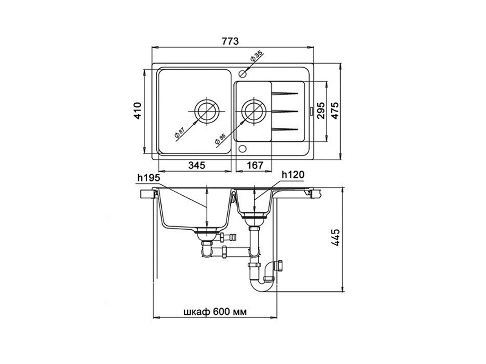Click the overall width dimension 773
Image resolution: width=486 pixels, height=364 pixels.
230,41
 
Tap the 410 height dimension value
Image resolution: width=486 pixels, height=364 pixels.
137,111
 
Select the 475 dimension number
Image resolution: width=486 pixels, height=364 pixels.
335,110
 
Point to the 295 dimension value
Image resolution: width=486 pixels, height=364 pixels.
321,111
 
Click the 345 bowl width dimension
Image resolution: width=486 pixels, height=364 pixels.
197,165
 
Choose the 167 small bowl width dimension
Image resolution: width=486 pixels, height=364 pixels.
255,165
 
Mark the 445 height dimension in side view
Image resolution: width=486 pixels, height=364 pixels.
335,238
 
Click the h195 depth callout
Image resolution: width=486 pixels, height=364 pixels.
149,177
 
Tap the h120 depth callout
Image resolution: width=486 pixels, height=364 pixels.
293,175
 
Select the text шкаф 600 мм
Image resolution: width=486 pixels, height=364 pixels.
215,312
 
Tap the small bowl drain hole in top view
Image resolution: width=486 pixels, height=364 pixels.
254,111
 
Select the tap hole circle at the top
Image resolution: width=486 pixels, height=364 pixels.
242,74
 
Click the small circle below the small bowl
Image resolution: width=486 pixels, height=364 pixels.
242,149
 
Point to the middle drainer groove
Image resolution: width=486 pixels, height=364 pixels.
285,111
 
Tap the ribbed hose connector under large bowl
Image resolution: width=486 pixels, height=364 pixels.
228,238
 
